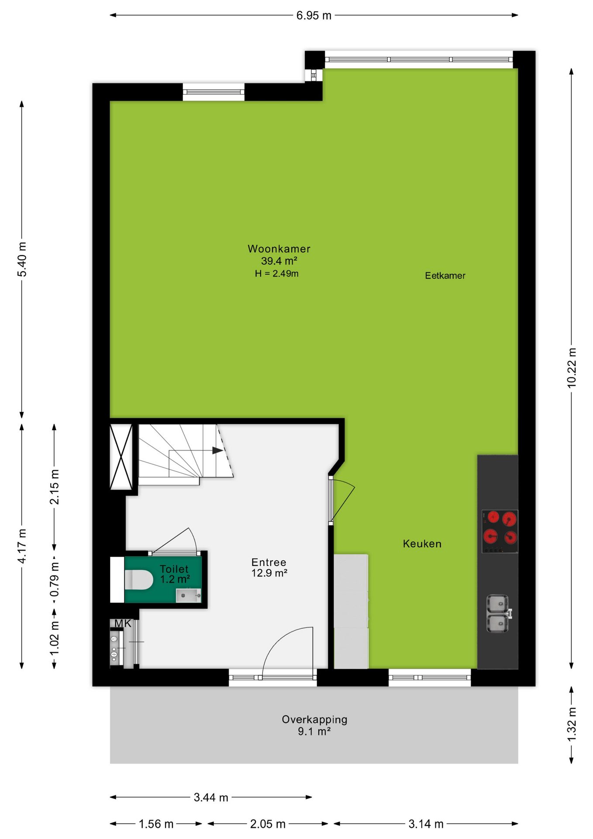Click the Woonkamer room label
(279, 249)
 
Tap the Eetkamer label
(445, 276)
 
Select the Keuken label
(422, 544)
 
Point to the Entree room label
(269, 562)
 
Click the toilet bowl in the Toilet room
(139, 579)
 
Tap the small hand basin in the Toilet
(188, 595)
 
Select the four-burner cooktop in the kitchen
(500, 531)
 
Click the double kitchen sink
(498, 614)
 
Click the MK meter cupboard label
(123, 624)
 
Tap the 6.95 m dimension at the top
(314, 16)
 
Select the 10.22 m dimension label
(572, 367)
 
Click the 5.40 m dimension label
(22, 259)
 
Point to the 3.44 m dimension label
(211, 797)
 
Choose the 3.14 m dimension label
(426, 824)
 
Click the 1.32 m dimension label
(572, 724)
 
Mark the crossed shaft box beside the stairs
(121, 457)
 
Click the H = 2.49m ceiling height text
(277, 274)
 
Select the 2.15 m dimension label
(54, 487)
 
